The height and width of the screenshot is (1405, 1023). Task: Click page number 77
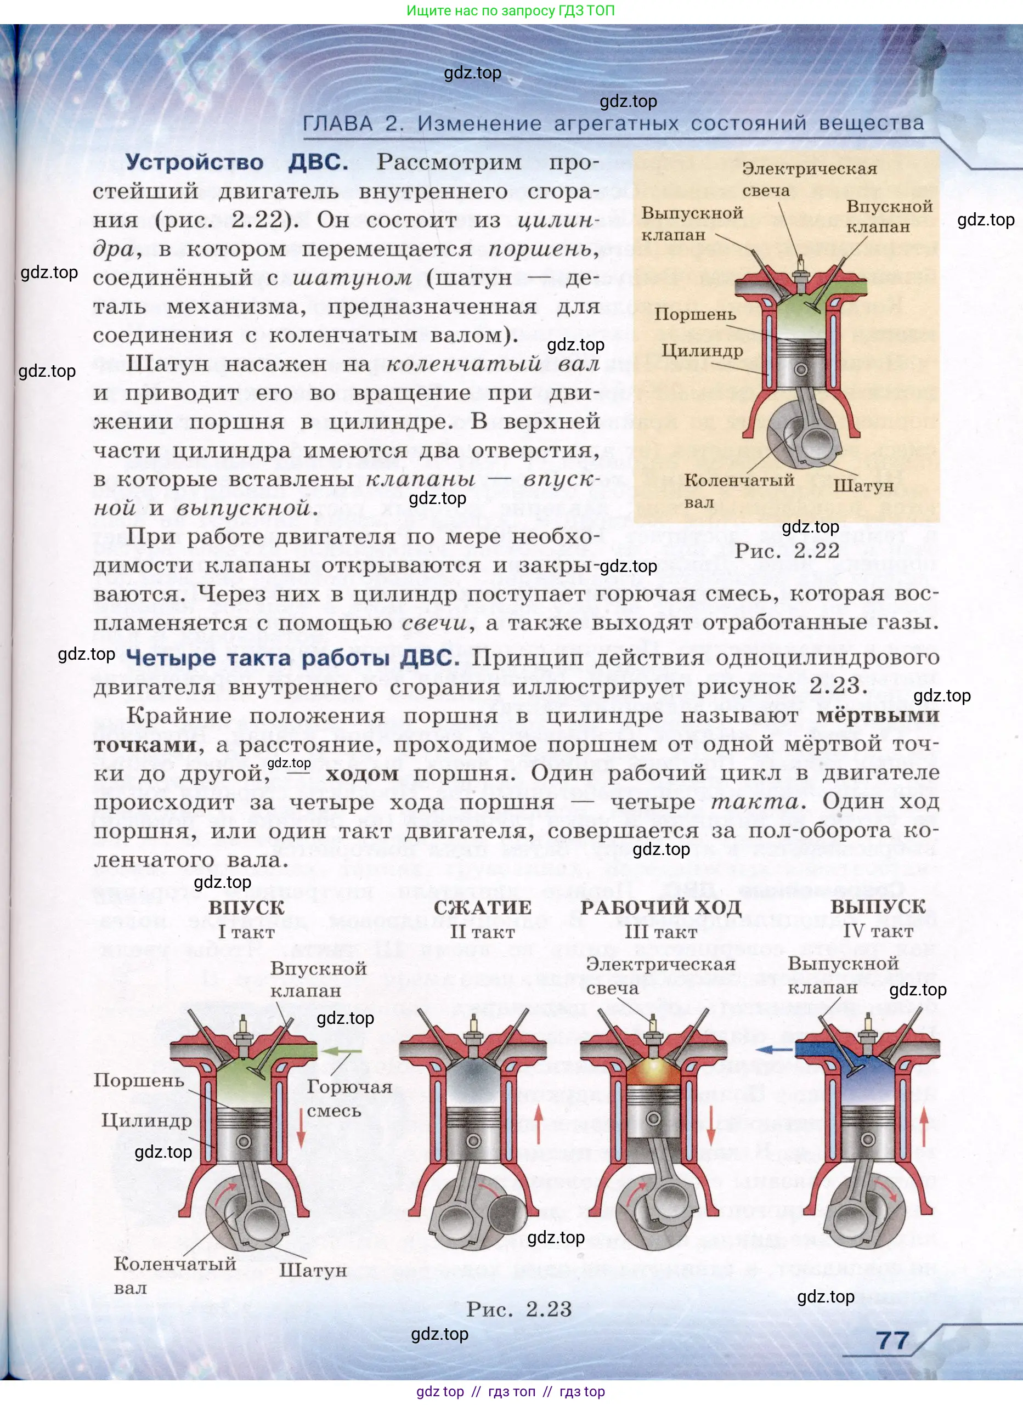click(x=893, y=1341)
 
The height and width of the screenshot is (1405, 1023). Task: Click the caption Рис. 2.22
click(x=787, y=551)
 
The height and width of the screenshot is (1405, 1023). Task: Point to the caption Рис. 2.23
click(x=519, y=1309)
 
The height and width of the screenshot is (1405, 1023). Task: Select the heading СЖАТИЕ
click(x=482, y=908)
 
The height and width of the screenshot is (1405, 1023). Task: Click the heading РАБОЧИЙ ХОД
click(x=660, y=908)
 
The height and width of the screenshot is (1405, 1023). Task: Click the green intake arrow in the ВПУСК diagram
click(x=343, y=1051)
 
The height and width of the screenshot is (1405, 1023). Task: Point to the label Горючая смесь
click(x=349, y=1098)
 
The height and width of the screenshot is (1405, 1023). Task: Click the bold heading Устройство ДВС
click(x=237, y=162)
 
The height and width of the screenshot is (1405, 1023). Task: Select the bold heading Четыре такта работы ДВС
click(x=292, y=658)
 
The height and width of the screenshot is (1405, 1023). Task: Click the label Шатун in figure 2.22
click(x=863, y=486)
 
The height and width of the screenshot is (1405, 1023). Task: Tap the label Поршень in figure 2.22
click(x=695, y=314)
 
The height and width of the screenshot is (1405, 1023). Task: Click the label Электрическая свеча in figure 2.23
click(x=660, y=976)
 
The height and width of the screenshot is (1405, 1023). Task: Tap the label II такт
click(x=482, y=932)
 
